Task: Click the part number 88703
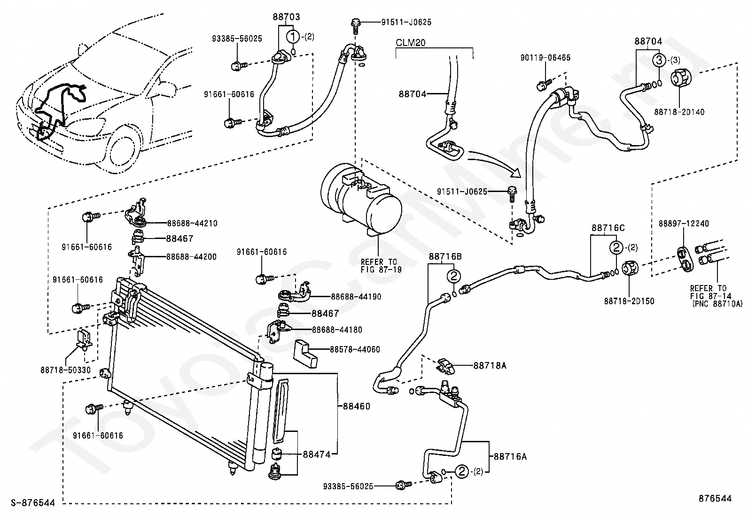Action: click(x=286, y=17)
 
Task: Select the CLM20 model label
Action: click(x=410, y=43)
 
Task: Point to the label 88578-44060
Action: click(x=355, y=349)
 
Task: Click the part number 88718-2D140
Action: click(x=679, y=112)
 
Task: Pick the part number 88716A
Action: click(x=509, y=456)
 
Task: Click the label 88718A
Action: click(x=490, y=365)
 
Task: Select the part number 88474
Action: click(x=317, y=454)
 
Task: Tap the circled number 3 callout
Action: click(x=659, y=60)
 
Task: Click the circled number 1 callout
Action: click(x=294, y=36)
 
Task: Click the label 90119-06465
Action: click(x=545, y=58)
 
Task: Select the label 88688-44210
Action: click(x=192, y=223)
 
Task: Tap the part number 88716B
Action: click(x=444, y=257)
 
